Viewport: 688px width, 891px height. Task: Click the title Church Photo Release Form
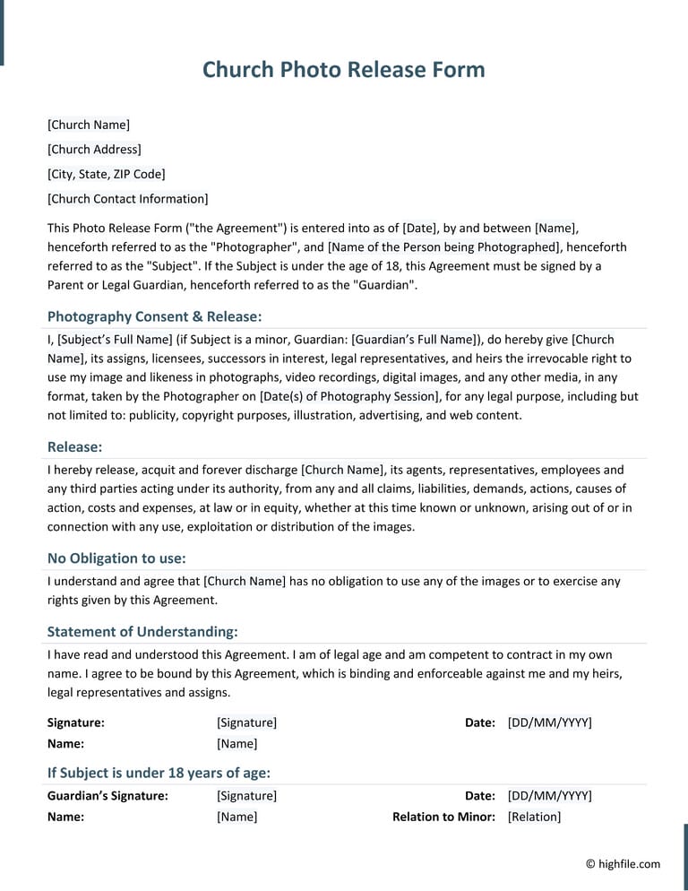point(343,70)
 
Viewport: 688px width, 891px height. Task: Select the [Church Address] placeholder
point(94,150)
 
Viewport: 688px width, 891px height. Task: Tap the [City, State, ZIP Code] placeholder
point(106,174)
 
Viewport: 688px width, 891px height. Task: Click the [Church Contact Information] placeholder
point(127,199)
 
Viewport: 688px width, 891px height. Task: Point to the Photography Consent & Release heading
point(154,316)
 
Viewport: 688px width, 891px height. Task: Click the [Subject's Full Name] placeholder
point(115,339)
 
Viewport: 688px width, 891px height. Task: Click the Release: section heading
point(74,446)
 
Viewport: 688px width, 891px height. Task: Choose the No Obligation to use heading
point(116,558)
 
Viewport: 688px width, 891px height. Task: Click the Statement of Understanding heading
point(142,631)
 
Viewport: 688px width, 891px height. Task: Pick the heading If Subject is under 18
point(159,773)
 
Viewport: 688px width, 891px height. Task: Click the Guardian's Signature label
point(107,796)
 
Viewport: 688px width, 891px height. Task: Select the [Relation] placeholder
point(534,817)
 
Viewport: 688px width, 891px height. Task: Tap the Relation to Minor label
point(443,817)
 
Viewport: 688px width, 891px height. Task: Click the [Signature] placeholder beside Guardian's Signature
point(246,796)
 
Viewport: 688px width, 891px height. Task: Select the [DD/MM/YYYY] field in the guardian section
point(549,796)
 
